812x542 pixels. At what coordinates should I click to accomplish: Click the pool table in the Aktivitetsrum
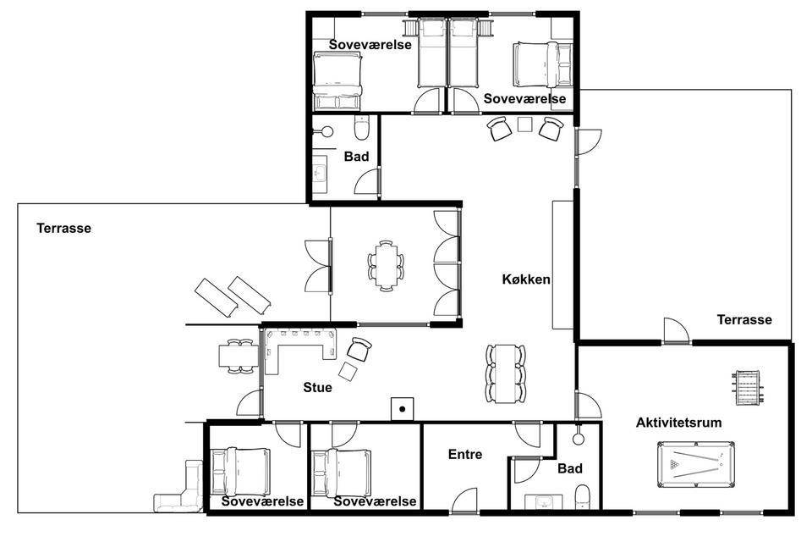pos(696,464)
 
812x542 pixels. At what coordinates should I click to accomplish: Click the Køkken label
pos(526,279)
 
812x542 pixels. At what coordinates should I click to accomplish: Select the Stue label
pos(317,387)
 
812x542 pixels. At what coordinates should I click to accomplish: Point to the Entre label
pos(465,454)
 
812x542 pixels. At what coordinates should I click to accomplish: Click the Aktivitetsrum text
pos(679,423)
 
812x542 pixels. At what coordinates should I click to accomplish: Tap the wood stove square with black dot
pos(403,409)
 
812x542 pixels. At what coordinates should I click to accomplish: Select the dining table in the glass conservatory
pos(386,266)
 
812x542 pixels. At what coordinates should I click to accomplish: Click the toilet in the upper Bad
pos(361,128)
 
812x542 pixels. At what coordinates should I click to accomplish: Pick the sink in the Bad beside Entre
pos(543,502)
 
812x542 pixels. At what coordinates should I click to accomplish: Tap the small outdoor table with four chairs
pos(239,356)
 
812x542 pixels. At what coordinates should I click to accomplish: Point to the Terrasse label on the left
pos(63,228)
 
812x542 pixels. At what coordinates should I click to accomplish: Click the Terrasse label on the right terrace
pos(744,319)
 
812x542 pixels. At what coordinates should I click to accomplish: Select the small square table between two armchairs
pos(525,124)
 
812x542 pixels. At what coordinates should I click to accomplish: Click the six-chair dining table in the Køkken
pos(506,373)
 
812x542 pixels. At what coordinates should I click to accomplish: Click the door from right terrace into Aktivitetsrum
pos(677,330)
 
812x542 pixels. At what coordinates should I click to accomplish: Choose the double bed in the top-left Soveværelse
pos(337,81)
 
